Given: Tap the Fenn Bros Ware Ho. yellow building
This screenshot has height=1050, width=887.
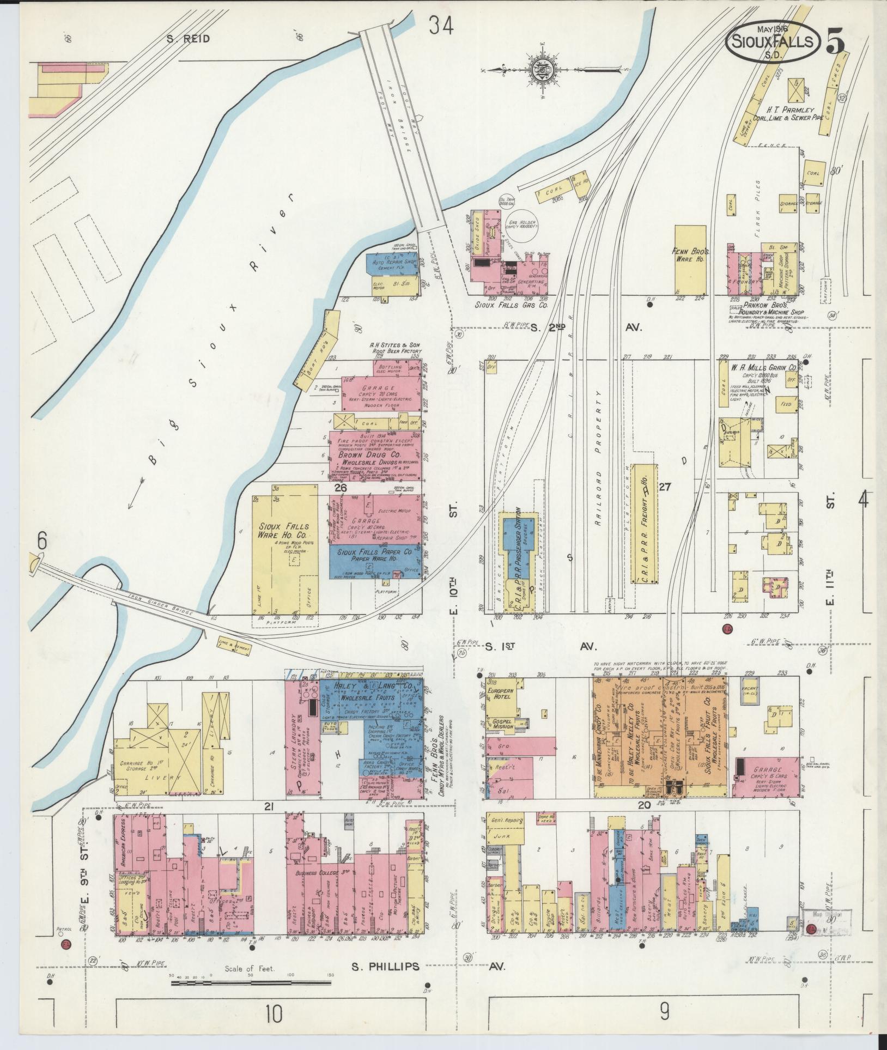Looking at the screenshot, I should click(689, 260).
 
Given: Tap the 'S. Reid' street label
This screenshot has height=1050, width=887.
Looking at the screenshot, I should click(188, 39).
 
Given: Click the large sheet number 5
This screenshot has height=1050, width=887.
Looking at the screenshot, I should click(836, 43).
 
